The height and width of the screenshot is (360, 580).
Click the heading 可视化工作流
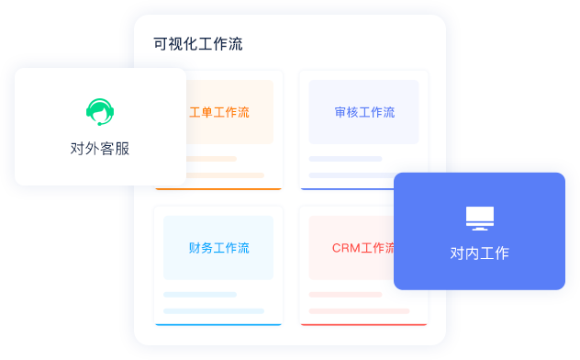[x=198, y=44]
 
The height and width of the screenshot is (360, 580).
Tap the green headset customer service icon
[x=100, y=112]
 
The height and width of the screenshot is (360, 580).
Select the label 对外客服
[x=100, y=149]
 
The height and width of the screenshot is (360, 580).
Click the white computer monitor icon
[x=479, y=218]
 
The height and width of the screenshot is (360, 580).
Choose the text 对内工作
[x=479, y=253]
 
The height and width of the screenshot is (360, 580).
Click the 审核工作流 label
[x=364, y=113]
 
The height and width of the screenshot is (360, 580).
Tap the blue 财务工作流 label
[x=218, y=248]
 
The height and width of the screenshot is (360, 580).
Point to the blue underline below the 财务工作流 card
[x=218, y=324]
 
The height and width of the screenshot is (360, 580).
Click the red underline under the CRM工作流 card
[x=364, y=324]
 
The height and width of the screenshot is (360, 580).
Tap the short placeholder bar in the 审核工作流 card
[x=345, y=159]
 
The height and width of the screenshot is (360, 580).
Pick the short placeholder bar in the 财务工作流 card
[x=199, y=295]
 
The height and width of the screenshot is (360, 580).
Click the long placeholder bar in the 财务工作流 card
[x=213, y=311]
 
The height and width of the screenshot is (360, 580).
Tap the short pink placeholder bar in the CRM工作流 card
[x=345, y=295]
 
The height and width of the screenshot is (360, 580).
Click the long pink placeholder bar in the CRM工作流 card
[x=359, y=311]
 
